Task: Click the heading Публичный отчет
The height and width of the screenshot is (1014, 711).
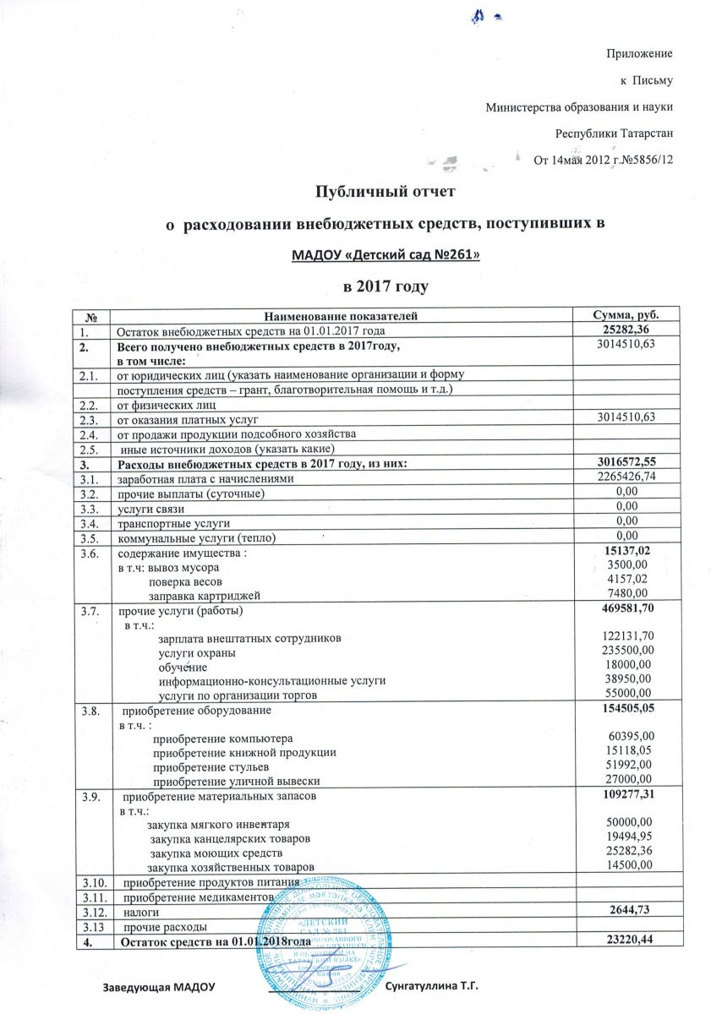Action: point(385,192)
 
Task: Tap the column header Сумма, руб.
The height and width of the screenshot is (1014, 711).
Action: point(615,315)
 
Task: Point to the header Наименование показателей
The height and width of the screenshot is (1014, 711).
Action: point(342,315)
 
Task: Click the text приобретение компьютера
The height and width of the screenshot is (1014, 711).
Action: point(222,738)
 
